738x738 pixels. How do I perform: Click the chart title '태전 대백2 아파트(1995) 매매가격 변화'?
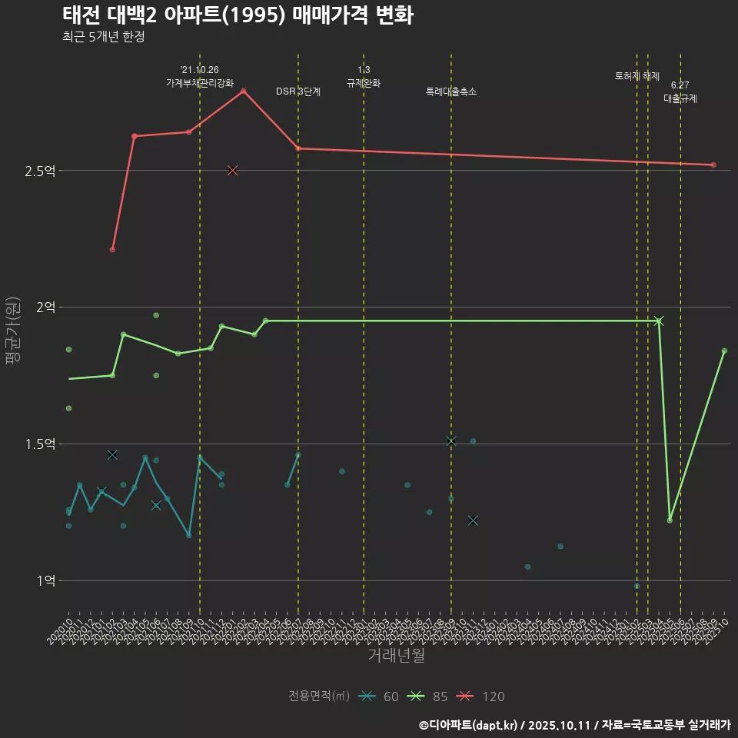[x=238, y=15]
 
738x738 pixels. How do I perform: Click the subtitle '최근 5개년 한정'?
[x=103, y=37]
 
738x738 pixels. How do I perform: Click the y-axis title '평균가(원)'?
[x=13, y=334]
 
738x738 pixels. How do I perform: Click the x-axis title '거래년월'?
[x=396, y=656]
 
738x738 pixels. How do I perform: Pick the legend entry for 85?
[x=428, y=696]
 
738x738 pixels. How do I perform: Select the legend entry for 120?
[x=480, y=696]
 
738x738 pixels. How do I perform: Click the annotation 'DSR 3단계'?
[x=298, y=91]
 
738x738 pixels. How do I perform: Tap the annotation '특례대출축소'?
[x=451, y=91]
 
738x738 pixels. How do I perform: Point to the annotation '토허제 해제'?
[x=637, y=76]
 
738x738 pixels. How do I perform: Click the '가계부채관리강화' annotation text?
[x=200, y=83]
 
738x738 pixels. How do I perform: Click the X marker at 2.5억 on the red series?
[x=233, y=171]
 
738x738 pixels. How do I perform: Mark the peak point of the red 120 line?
[x=244, y=91]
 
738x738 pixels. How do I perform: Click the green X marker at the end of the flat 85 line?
[x=659, y=321]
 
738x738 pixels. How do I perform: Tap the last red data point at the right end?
[x=713, y=165]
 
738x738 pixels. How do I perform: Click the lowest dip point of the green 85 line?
[x=670, y=520]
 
